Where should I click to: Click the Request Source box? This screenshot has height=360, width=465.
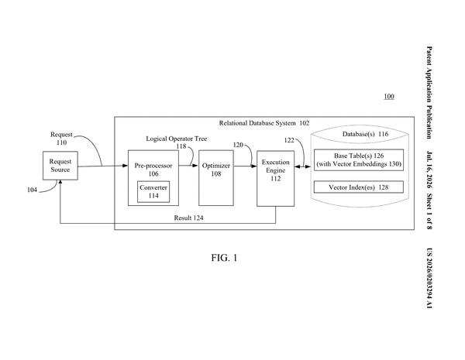(x=60, y=166)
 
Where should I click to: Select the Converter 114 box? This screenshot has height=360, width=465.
(x=153, y=192)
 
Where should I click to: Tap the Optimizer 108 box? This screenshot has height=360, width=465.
(x=216, y=178)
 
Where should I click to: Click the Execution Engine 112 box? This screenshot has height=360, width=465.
(x=275, y=178)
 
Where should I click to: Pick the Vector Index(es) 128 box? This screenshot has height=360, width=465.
(x=359, y=187)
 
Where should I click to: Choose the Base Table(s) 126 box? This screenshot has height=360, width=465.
(x=359, y=160)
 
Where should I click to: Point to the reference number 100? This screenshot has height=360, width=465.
(x=389, y=96)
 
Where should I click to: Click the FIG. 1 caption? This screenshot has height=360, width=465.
(x=224, y=258)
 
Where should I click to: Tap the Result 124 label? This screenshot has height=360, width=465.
(x=188, y=218)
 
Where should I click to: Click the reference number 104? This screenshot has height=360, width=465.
(x=32, y=190)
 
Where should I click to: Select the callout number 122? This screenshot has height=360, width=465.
(x=289, y=140)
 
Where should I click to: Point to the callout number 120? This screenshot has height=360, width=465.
(x=238, y=145)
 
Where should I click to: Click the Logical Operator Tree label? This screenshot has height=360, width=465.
(x=177, y=139)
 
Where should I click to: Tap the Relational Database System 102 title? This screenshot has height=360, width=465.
(x=264, y=123)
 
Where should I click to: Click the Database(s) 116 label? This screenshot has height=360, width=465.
(x=365, y=134)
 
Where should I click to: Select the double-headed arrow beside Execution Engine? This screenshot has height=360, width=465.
(x=302, y=167)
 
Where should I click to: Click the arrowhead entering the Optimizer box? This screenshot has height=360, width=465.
(x=195, y=166)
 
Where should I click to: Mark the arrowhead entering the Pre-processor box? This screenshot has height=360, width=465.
(x=125, y=166)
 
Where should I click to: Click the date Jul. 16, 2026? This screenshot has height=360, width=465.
(x=429, y=170)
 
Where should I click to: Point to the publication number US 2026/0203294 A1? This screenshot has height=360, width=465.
(x=429, y=278)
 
